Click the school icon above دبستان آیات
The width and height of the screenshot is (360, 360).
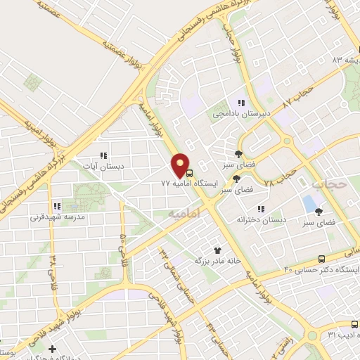[103, 155]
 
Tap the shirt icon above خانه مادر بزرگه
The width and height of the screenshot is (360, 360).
[217, 250]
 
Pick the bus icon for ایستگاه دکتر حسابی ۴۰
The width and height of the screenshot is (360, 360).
[322, 259]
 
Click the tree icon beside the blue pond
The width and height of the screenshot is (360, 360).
[319, 211]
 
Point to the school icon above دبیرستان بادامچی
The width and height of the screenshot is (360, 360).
[241, 103]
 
